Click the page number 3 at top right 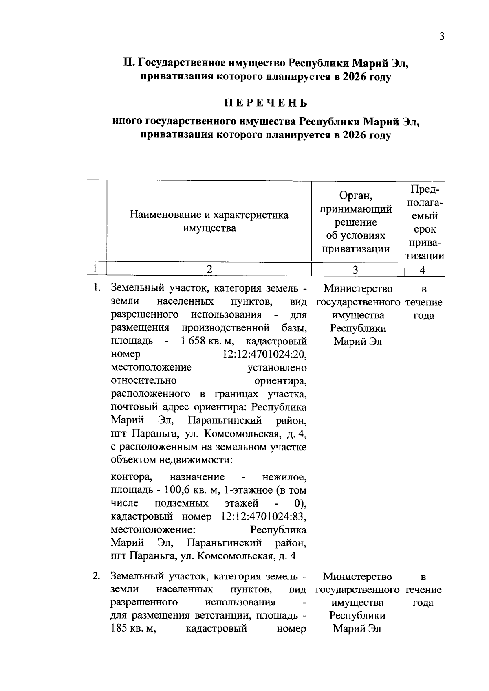(441, 37)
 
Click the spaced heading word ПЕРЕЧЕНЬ (266, 102)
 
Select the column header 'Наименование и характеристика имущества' (209, 221)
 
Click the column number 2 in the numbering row (209, 269)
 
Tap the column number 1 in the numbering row (95, 269)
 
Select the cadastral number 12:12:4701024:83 (263, 517)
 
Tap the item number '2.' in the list (96, 576)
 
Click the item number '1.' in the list (96, 288)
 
